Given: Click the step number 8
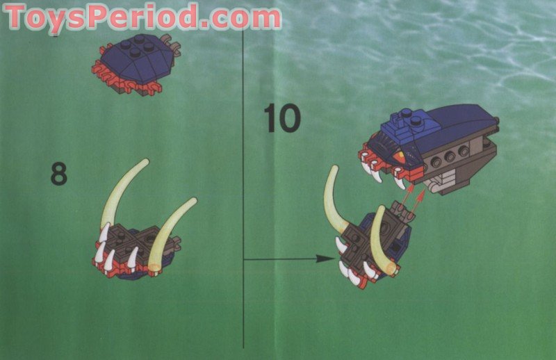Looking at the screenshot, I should (58, 174).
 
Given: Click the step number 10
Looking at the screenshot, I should (281, 117).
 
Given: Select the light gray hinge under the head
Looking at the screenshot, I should (445, 183).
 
